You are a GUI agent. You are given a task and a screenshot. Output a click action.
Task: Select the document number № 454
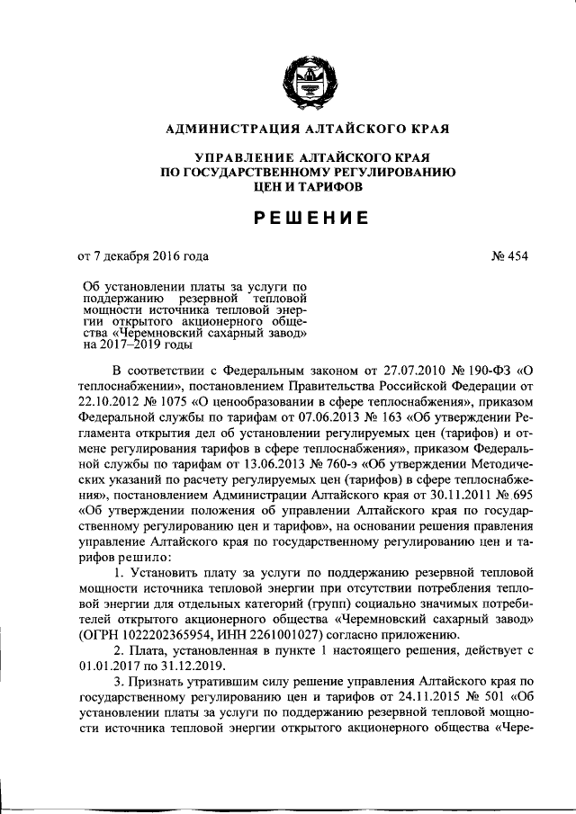(x=509, y=256)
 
